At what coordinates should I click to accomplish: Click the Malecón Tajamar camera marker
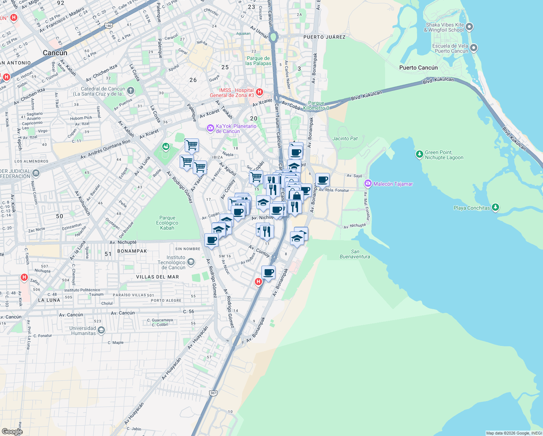[368, 183]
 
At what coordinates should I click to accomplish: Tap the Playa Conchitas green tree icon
[495, 207]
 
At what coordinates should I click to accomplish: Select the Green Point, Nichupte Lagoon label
[444, 155]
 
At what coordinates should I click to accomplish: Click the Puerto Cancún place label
[418, 68]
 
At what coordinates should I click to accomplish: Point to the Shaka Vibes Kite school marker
[469, 27]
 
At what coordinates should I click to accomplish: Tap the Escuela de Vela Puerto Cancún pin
[474, 48]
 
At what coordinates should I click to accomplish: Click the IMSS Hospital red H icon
[259, 92]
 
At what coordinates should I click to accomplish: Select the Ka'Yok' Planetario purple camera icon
[210, 128]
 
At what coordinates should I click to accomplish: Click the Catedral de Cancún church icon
[130, 90]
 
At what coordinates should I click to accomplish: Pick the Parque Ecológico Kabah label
[167, 223]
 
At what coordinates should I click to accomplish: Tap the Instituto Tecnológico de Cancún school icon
[191, 262]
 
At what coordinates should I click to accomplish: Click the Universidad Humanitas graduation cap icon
[101, 330]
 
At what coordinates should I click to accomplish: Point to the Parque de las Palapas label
[258, 61]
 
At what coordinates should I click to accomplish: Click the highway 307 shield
[213, 393]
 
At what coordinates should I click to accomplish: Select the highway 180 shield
[109, 25]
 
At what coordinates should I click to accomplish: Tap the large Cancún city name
[55, 53]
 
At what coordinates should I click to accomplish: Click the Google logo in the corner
[12, 431]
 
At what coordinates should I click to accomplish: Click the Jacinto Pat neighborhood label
[345, 138]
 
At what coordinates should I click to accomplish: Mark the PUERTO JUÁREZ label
[324, 37]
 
